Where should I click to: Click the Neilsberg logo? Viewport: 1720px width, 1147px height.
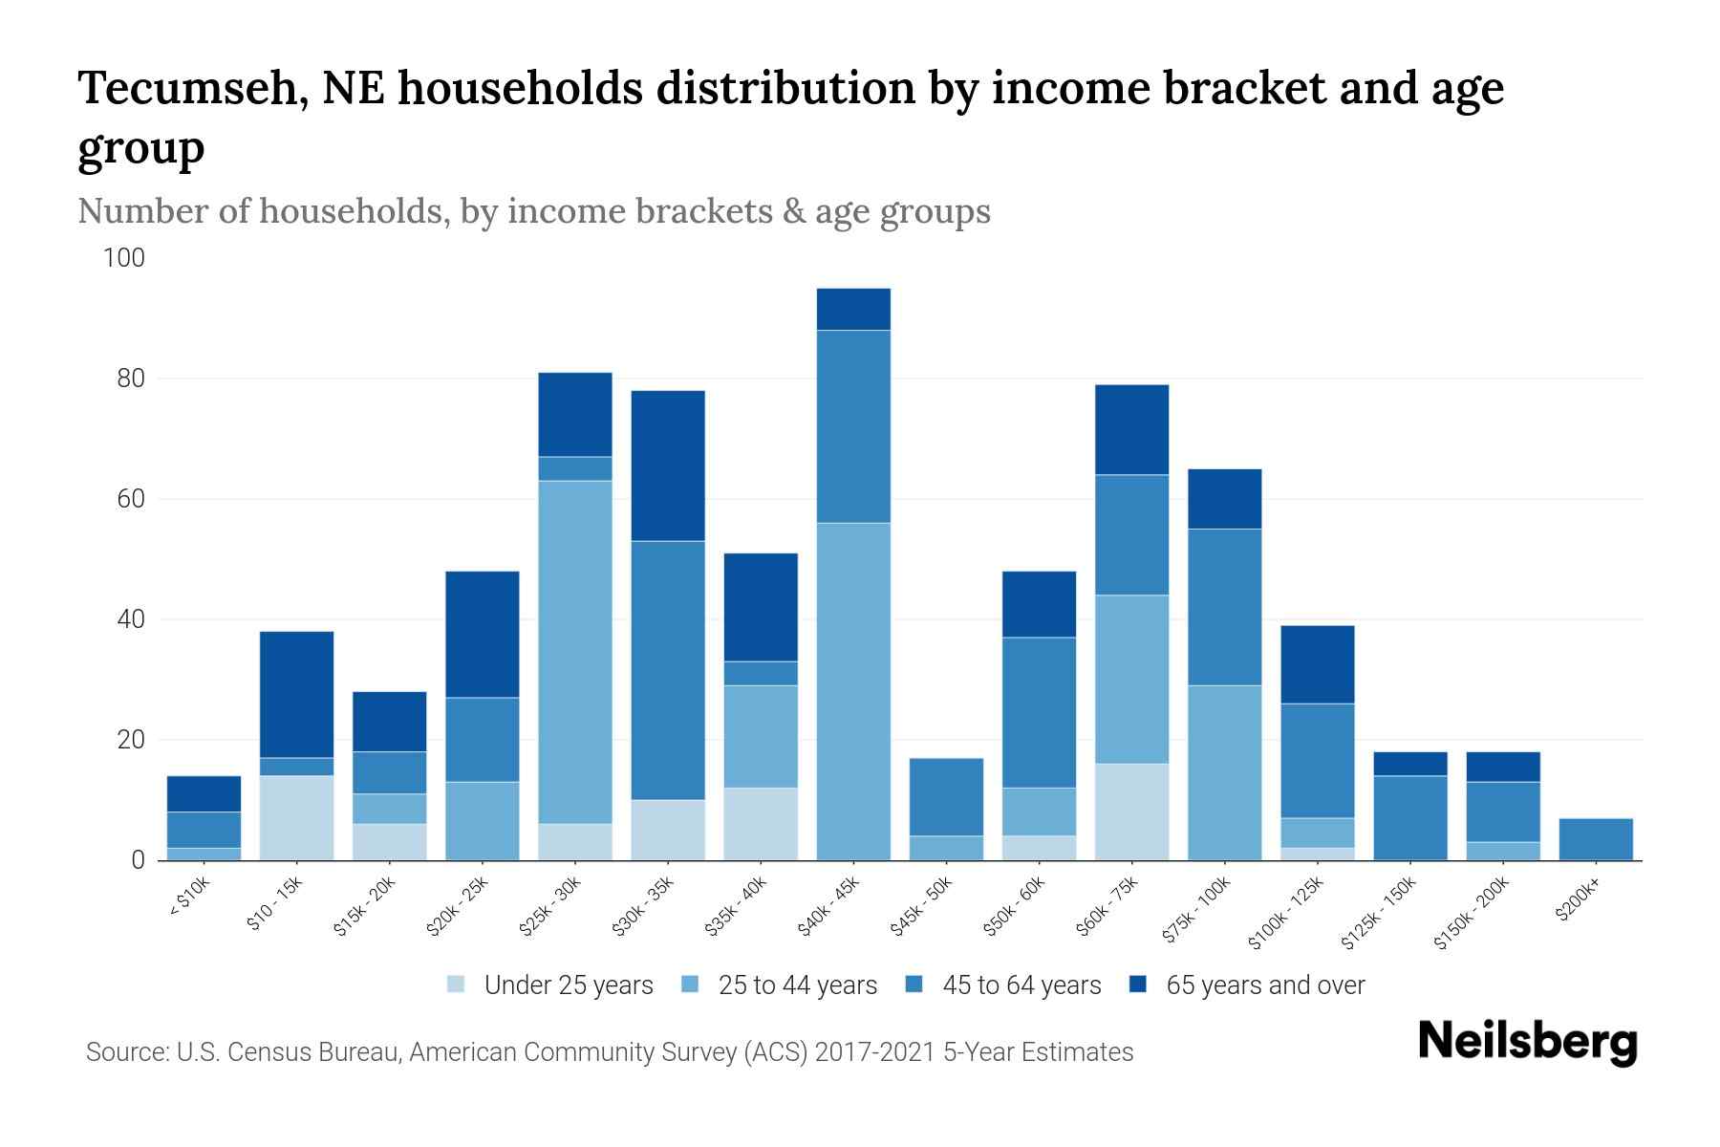(x=1527, y=1042)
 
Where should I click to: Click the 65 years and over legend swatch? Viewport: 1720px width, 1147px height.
(x=1137, y=984)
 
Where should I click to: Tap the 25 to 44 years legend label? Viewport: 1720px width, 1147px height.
(x=797, y=985)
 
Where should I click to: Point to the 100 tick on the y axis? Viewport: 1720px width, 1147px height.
(x=124, y=258)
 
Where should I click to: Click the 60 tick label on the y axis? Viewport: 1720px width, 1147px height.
(x=131, y=499)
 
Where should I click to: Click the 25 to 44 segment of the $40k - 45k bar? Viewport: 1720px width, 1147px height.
(x=853, y=691)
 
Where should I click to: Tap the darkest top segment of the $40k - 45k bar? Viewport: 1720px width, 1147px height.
(x=853, y=309)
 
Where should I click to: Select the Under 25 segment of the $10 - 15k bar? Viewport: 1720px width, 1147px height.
(x=296, y=818)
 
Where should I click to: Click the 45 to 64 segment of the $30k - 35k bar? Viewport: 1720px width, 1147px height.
(x=668, y=670)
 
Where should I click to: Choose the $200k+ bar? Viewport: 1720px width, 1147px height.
(x=1595, y=839)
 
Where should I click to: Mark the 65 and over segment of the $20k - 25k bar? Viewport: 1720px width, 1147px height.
(x=483, y=634)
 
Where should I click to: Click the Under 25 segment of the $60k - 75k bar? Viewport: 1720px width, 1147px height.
(x=1131, y=812)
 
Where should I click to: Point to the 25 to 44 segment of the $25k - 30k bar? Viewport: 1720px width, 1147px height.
(x=575, y=652)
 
